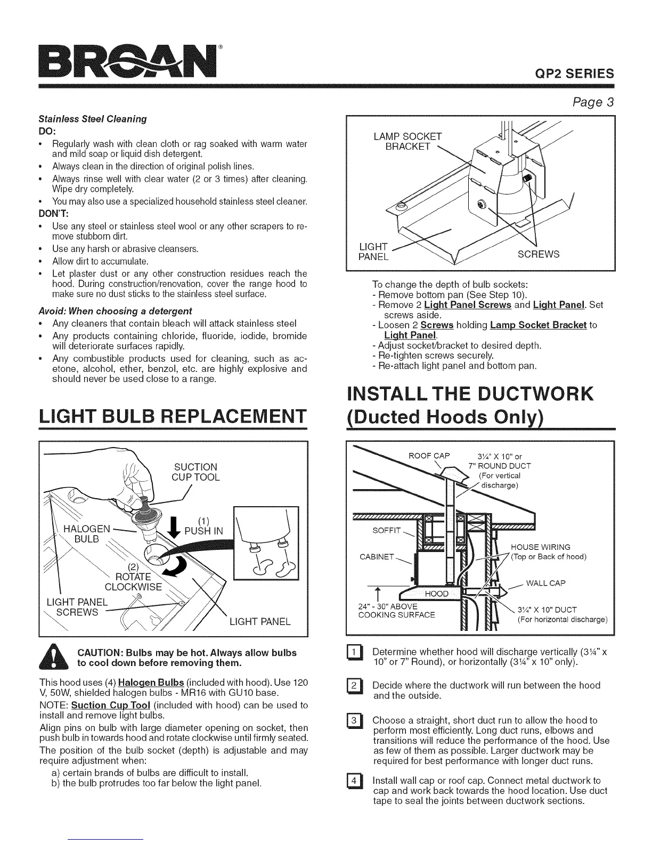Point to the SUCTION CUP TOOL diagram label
click(x=195, y=472)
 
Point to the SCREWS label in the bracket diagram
click(x=539, y=254)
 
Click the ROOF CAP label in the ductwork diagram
click(x=428, y=456)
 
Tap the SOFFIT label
click(x=386, y=531)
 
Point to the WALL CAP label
click(x=545, y=583)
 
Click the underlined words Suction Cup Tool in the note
click(x=111, y=705)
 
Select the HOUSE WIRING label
click(x=541, y=547)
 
